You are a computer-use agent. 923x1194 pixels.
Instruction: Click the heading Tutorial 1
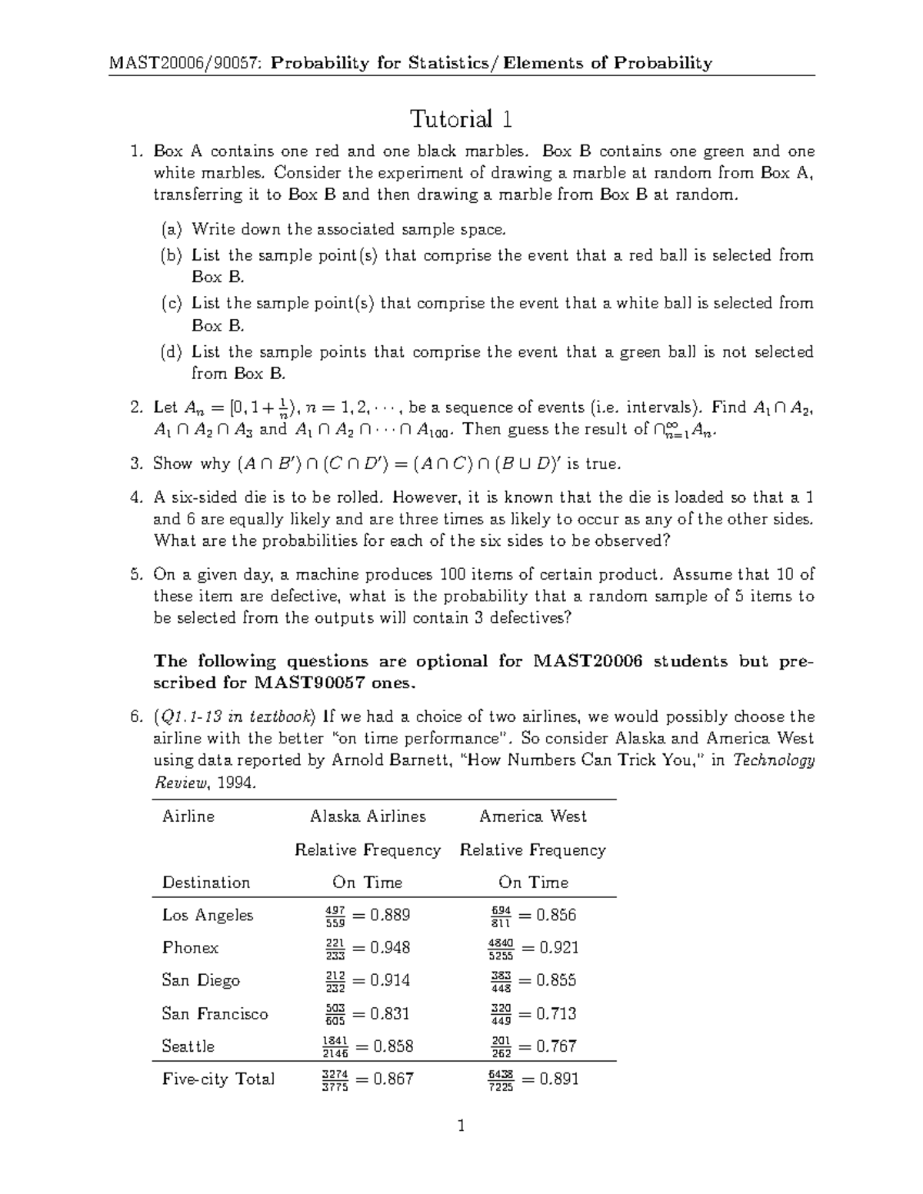[x=461, y=119]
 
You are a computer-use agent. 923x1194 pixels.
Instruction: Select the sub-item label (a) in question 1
[x=172, y=229]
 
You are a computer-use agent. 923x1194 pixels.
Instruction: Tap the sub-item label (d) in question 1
[x=172, y=352]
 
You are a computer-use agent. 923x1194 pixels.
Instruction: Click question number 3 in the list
[x=136, y=464]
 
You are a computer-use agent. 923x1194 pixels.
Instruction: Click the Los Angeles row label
[x=207, y=915]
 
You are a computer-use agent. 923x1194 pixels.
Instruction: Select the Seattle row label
[x=188, y=1046]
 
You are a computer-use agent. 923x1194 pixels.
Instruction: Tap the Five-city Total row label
[x=218, y=1079]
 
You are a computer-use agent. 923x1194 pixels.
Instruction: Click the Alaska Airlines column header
[x=367, y=817]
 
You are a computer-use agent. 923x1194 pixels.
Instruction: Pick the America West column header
[x=532, y=817]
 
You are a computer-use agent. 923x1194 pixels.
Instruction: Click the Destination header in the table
[x=205, y=883]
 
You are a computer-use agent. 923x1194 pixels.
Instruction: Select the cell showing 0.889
[x=367, y=915]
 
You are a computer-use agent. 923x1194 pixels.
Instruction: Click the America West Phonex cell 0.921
[x=533, y=948]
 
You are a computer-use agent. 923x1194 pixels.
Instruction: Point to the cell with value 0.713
[x=533, y=1013]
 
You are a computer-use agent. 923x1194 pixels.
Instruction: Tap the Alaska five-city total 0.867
[x=367, y=1079]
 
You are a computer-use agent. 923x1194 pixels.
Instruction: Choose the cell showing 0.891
[x=533, y=1079]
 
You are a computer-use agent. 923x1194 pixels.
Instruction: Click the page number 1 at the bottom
[x=461, y=1127]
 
